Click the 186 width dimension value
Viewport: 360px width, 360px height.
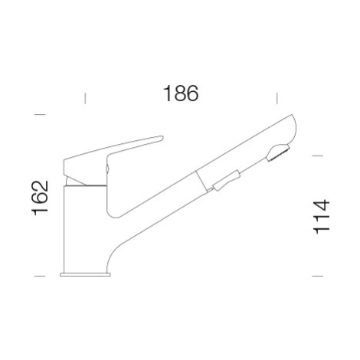click(181, 93)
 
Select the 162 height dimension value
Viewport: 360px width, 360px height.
click(40, 198)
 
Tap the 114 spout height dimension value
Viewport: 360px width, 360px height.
click(322, 217)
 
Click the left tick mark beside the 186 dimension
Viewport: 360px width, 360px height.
click(85, 99)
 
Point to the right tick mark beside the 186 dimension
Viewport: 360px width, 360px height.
click(277, 99)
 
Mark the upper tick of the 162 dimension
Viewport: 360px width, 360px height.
click(40, 114)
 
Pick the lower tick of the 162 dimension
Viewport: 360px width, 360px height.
click(40, 276)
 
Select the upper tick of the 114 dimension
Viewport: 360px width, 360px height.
click(318, 155)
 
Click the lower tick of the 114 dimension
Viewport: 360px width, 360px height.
click(318, 276)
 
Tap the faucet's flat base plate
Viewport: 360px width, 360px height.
click(85, 274)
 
